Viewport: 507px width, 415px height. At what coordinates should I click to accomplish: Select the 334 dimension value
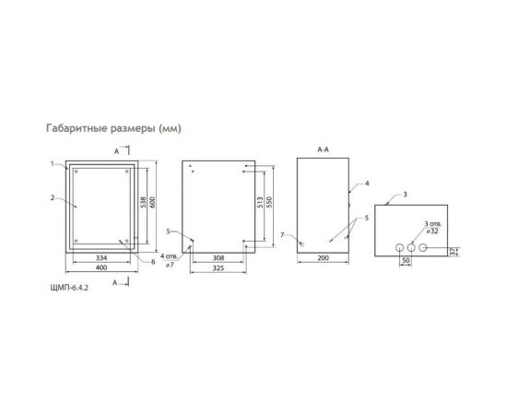[x=102, y=257]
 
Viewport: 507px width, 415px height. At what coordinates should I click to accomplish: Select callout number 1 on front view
[x=53, y=163]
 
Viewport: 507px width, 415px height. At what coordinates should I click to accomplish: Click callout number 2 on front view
[x=53, y=196]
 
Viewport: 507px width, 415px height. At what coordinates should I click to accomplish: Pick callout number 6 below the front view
[x=152, y=262]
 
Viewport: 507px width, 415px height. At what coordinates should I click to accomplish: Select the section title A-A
[x=322, y=148]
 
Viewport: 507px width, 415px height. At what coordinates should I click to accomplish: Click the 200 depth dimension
[x=322, y=258]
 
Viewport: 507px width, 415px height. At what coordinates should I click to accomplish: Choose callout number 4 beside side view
[x=367, y=184]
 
